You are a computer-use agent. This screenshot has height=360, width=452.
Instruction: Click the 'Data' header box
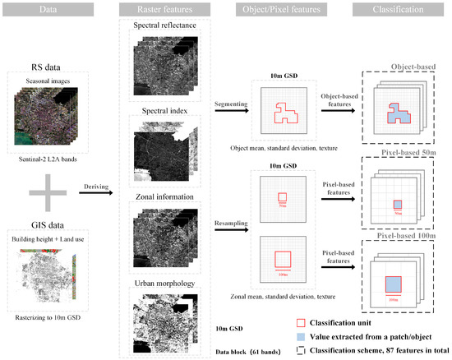(x=50, y=8)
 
